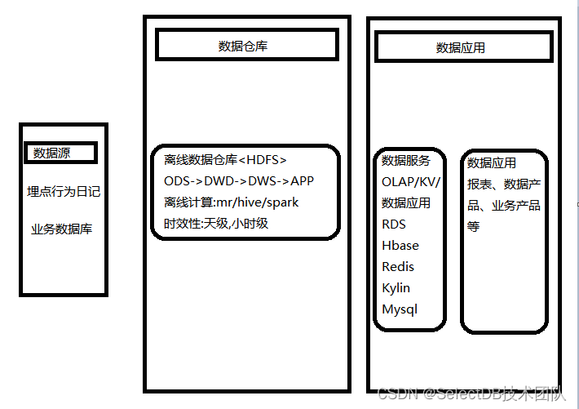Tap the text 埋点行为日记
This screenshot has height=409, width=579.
pos(64,192)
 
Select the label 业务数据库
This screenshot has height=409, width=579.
pos(62,229)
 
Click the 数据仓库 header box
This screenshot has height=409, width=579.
pos(246,46)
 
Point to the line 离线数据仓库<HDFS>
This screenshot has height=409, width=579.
pos(226,159)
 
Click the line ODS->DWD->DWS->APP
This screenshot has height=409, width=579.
pos(239,180)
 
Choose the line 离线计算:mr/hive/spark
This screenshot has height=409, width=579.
pos(232,202)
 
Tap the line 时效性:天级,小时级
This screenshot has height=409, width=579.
pos(216,223)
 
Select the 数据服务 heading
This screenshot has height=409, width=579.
pos(406,161)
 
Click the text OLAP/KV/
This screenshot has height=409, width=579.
pos(411,182)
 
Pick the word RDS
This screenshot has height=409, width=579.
pos(394,225)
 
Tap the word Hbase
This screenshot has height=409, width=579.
pos(400,246)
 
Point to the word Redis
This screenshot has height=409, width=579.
pos(398,267)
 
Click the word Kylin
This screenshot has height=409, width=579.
pos(396,288)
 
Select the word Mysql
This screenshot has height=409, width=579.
pos(400,309)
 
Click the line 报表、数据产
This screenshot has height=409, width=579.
pos(504,184)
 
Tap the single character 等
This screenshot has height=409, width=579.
pos(474,226)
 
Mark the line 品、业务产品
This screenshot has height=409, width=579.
pos(504,206)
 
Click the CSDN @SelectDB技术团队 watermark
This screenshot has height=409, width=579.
pos(472,394)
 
